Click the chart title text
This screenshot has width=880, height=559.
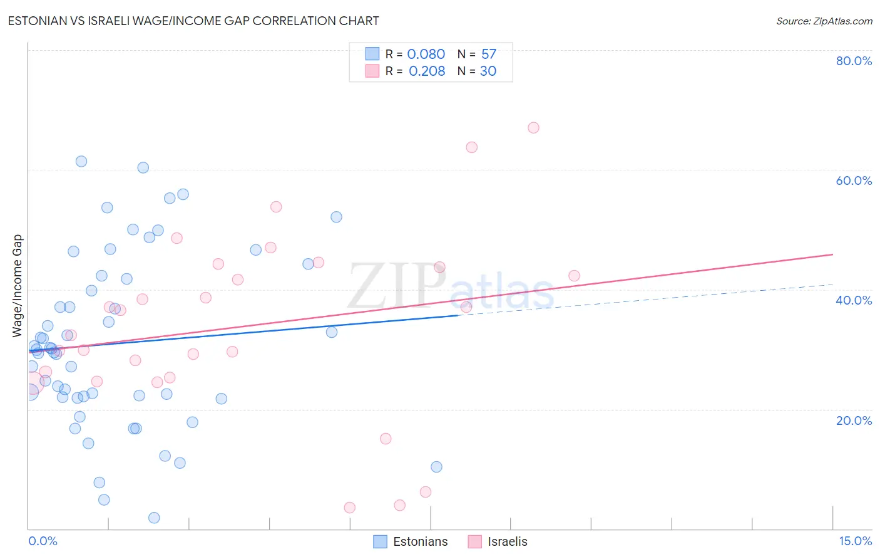(x=193, y=21)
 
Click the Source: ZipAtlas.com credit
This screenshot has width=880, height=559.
(x=824, y=21)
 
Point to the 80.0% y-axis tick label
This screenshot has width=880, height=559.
(x=854, y=61)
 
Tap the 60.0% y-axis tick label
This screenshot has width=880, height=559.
(x=854, y=180)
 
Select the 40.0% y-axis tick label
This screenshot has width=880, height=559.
(x=854, y=300)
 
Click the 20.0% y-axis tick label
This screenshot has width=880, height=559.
(x=854, y=421)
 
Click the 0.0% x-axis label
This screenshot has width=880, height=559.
(x=43, y=541)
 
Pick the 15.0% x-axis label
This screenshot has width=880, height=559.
(x=855, y=541)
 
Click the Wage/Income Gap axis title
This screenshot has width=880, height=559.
(x=18, y=286)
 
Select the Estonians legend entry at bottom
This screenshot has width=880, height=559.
(x=411, y=541)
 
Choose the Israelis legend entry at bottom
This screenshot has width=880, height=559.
(x=498, y=541)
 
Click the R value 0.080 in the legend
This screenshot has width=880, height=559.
(x=426, y=55)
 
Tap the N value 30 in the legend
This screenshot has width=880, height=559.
(x=488, y=71)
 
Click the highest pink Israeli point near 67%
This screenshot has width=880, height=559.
(x=533, y=128)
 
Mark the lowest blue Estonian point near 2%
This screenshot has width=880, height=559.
(x=154, y=518)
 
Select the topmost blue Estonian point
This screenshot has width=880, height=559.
(x=81, y=161)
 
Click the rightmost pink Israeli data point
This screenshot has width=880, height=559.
(x=574, y=276)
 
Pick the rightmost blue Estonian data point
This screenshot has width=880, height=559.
(x=436, y=467)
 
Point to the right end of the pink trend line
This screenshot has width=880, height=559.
(x=832, y=254)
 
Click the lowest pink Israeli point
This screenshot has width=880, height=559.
(x=350, y=508)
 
